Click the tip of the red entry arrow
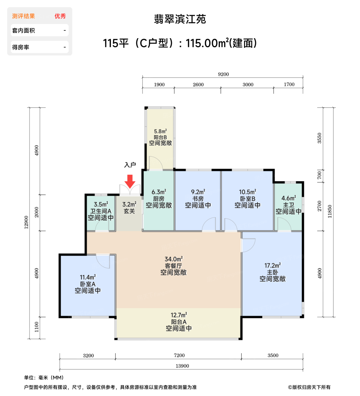(x=130, y=188)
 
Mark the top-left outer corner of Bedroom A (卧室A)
(x=59, y=254)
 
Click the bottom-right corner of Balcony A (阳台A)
(x=242, y=339)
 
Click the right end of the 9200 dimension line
(x=303, y=78)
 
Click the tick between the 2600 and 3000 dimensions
(x=221, y=88)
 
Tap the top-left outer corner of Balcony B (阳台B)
(x=145, y=107)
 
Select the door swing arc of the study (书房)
(x=209, y=224)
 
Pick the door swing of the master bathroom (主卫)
(x=284, y=224)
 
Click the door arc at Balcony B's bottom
(x=156, y=163)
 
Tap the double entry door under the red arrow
(x=130, y=190)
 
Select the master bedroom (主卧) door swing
(x=248, y=245)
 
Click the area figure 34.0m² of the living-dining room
(x=174, y=259)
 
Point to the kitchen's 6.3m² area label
(x=159, y=192)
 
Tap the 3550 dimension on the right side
(x=319, y=138)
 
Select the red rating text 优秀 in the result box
(x=60, y=16)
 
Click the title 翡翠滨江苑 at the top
(x=180, y=19)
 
